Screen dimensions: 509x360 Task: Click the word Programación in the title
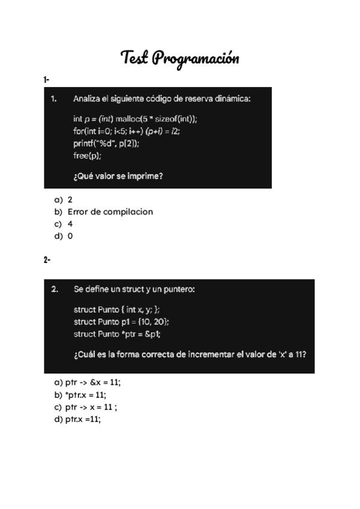point(196,58)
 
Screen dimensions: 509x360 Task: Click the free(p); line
point(88,156)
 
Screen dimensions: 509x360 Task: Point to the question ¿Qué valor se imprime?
point(118,176)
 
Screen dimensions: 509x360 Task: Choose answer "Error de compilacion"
point(110,212)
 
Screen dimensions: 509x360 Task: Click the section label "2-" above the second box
point(47,260)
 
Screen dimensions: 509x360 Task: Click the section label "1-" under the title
point(46,79)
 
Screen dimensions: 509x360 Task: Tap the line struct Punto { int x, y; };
point(117,310)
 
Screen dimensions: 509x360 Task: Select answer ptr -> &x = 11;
point(92,382)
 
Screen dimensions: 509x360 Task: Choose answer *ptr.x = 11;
point(85,395)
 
